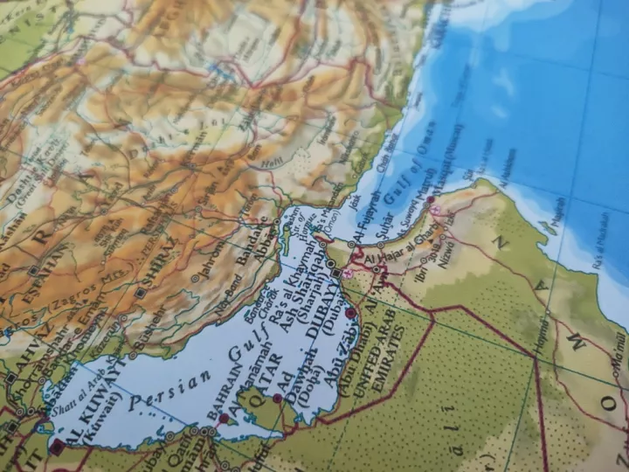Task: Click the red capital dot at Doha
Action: coord(277,399)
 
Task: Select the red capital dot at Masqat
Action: coord(430,200)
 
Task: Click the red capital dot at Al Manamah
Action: coord(224,419)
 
